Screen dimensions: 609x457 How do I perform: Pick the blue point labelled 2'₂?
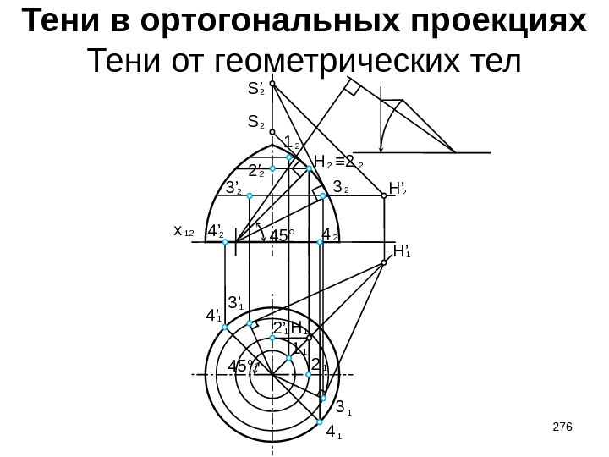coord(273,168)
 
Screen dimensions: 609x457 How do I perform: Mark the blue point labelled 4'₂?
coord(225,242)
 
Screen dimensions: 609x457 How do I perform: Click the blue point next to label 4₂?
coord(320,242)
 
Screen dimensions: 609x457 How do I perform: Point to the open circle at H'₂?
coord(384,194)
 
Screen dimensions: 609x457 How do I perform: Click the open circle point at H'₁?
coord(384,263)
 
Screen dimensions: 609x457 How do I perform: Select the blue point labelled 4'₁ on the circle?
coord(225,327)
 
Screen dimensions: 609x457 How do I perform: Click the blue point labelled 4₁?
coord(320,421)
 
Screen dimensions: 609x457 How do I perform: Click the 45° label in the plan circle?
coord(243,366)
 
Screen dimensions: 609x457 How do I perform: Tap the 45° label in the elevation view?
coord(283,236)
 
